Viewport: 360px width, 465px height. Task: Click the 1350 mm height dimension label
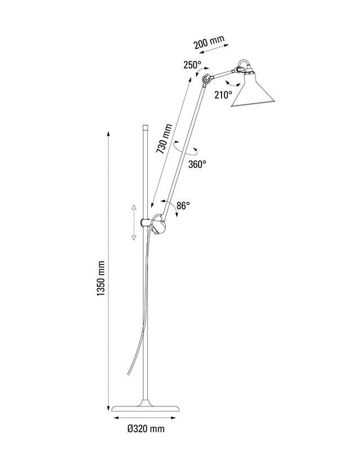[x=101, y=279]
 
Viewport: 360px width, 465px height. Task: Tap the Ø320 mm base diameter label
[x=145, y=429]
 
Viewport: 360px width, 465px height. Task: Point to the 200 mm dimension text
[x=209, y=43]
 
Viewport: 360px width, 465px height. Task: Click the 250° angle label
[x=192, y=65]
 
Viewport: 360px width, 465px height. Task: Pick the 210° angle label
[x=223, y=95]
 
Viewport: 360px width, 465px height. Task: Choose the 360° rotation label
[x=197, y=164]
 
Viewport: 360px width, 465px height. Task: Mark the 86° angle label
[x=183, y=206]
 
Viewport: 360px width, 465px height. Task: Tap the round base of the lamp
[x=145, y=407]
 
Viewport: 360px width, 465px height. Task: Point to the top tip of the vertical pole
[x=146, y=127]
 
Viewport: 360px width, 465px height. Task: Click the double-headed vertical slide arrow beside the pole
[x=134, y=222]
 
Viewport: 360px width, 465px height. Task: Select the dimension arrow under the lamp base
[x=145, y=418]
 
